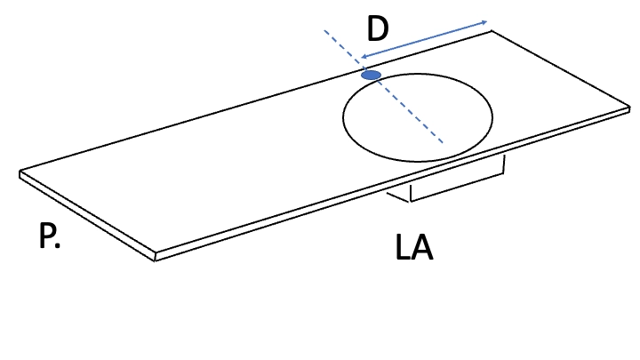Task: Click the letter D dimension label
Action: (378, 28)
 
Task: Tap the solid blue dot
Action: (372, 75)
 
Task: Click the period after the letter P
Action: (57, 245)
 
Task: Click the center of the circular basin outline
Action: (418, 117)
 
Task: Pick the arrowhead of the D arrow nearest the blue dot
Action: (364, 57)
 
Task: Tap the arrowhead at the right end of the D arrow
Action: (484, 22)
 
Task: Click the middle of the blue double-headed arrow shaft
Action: (424, 40)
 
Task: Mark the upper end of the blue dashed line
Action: (325, 30)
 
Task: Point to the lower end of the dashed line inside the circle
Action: (443, 143)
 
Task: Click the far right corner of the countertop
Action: (630, 108)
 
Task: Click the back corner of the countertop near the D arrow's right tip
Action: (491, 30)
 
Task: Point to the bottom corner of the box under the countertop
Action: (410, 201)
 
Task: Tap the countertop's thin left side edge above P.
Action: (87, 216)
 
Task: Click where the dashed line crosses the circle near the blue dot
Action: (379, 82)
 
